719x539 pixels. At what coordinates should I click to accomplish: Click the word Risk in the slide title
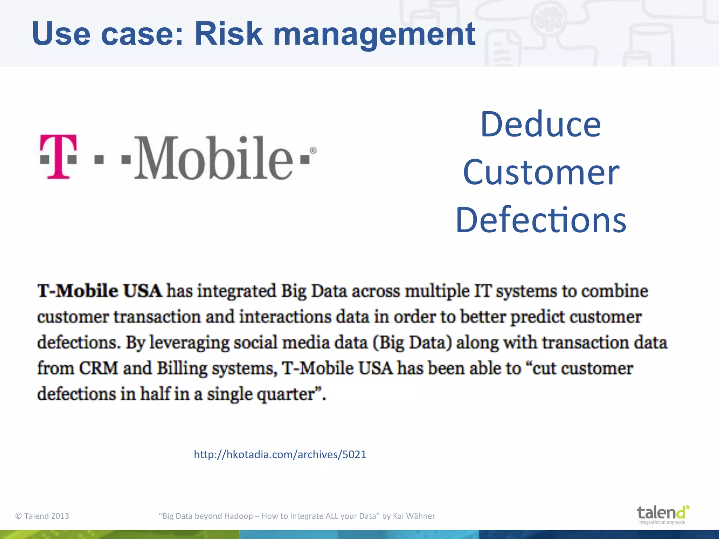(228, 34)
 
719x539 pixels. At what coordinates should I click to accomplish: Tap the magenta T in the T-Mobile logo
(58, 157)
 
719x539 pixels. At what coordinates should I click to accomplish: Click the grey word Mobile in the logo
(213, 158)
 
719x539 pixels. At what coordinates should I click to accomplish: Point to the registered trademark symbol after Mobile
(313, 151)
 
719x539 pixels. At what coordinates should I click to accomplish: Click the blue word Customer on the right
(541, 172)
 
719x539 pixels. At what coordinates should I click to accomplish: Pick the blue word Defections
(541, 220)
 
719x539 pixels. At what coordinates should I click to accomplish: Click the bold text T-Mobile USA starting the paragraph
(100, 291)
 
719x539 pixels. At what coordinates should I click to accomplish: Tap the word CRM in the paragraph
(99, 368)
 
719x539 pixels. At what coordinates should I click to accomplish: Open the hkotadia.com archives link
(280, 454)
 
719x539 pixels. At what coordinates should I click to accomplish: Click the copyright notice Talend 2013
(42, 516)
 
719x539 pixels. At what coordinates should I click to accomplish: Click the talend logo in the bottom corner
(663, 514)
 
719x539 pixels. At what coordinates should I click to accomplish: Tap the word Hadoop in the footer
(238, 516)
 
